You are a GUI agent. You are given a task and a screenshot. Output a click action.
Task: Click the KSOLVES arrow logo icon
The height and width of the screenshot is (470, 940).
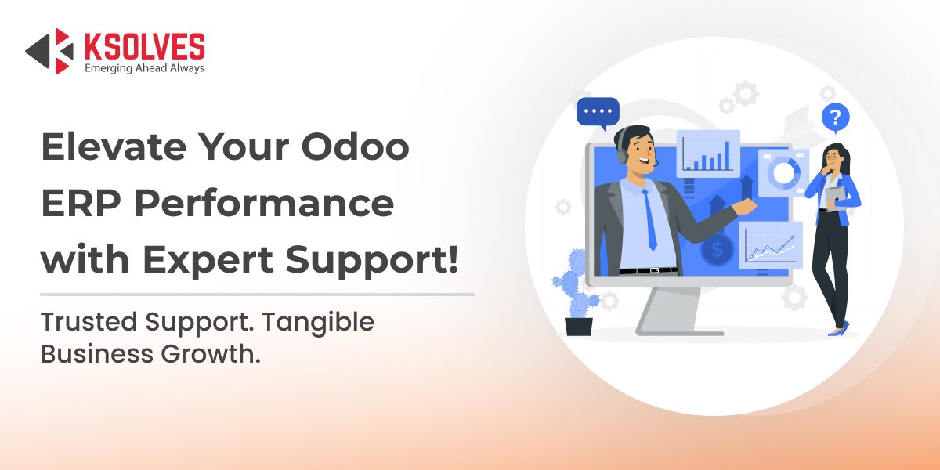point(49,51)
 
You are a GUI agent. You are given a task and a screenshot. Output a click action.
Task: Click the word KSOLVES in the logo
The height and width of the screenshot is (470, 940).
point(145,46)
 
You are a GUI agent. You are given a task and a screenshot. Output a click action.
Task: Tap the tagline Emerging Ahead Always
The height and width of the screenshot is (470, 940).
point(144,68)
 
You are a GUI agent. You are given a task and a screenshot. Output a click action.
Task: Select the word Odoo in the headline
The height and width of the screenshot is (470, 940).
point(355,146)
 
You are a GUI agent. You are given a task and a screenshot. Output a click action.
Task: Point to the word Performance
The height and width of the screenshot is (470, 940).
point(264,203)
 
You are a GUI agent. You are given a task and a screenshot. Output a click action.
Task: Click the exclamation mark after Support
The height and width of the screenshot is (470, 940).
point(453,259)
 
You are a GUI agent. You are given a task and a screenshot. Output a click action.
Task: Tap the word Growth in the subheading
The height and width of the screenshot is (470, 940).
point(211,354)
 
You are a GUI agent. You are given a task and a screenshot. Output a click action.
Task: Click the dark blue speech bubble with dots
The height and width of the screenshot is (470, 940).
point(598,113)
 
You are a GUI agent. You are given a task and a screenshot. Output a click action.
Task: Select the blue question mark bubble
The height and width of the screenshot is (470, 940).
point(836,118)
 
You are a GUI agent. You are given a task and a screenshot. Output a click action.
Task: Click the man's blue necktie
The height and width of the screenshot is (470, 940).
point(649,219)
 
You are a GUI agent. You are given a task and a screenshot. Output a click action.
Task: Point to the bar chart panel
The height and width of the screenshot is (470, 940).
point(708,154)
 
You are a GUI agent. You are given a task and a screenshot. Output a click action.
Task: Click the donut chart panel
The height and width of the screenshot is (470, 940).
point(783,172)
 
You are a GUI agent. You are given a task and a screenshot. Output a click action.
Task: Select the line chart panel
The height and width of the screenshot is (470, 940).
point(771,245)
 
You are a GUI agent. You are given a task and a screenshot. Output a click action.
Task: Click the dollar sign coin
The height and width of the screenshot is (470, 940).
point(718,249)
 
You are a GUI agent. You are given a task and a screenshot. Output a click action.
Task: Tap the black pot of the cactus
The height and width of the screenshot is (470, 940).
point(579,327)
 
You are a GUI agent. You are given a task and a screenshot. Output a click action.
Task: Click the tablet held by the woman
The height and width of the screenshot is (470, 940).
point(835,197)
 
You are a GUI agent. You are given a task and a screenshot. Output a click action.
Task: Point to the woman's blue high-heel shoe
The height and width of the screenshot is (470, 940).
point(839,330)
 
